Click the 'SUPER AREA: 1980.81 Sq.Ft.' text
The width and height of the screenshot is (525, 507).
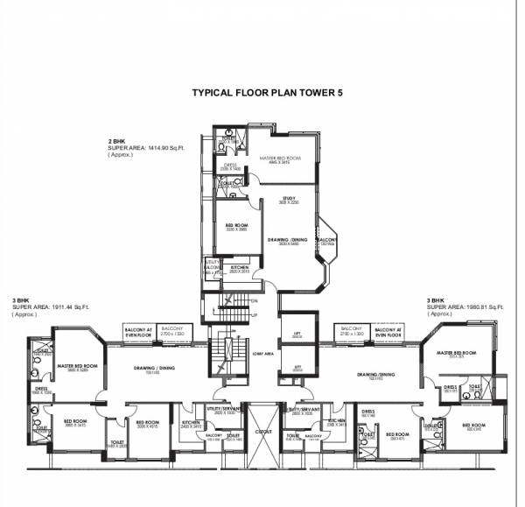(465, 307)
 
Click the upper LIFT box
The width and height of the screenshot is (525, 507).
(297, 334)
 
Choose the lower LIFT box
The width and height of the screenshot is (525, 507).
(297, 368)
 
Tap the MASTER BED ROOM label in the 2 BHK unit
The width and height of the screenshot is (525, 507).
(279, 158)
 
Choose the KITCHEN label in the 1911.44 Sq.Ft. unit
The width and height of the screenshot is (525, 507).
(192, 422)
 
